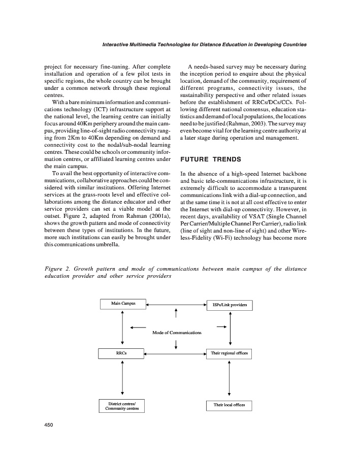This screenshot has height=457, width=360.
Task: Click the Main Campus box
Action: coord(122,304)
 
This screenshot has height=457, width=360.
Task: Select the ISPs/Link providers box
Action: coord(229,305)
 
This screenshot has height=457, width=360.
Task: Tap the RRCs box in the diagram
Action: coord(122,352)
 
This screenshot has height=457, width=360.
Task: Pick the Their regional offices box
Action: coord(230,353)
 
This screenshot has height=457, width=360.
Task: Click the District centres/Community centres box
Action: coord(122,406)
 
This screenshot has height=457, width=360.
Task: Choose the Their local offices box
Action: coord(229,405)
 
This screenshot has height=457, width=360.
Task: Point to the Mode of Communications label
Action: coord(177,333)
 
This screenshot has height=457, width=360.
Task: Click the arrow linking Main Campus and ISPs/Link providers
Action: coord(176,305)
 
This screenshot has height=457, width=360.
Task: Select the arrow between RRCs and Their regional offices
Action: coord(176,352)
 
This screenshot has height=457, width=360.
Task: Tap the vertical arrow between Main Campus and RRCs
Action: coord(122,328)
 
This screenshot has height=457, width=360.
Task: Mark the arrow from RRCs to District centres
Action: coord(122,378)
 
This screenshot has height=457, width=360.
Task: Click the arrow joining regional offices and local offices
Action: coord(230,379)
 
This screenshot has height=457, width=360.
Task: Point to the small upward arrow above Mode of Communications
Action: coord(176,315)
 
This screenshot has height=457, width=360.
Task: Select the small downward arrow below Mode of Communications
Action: coord(176,344)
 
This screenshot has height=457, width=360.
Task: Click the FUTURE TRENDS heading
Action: coord(211,159)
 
